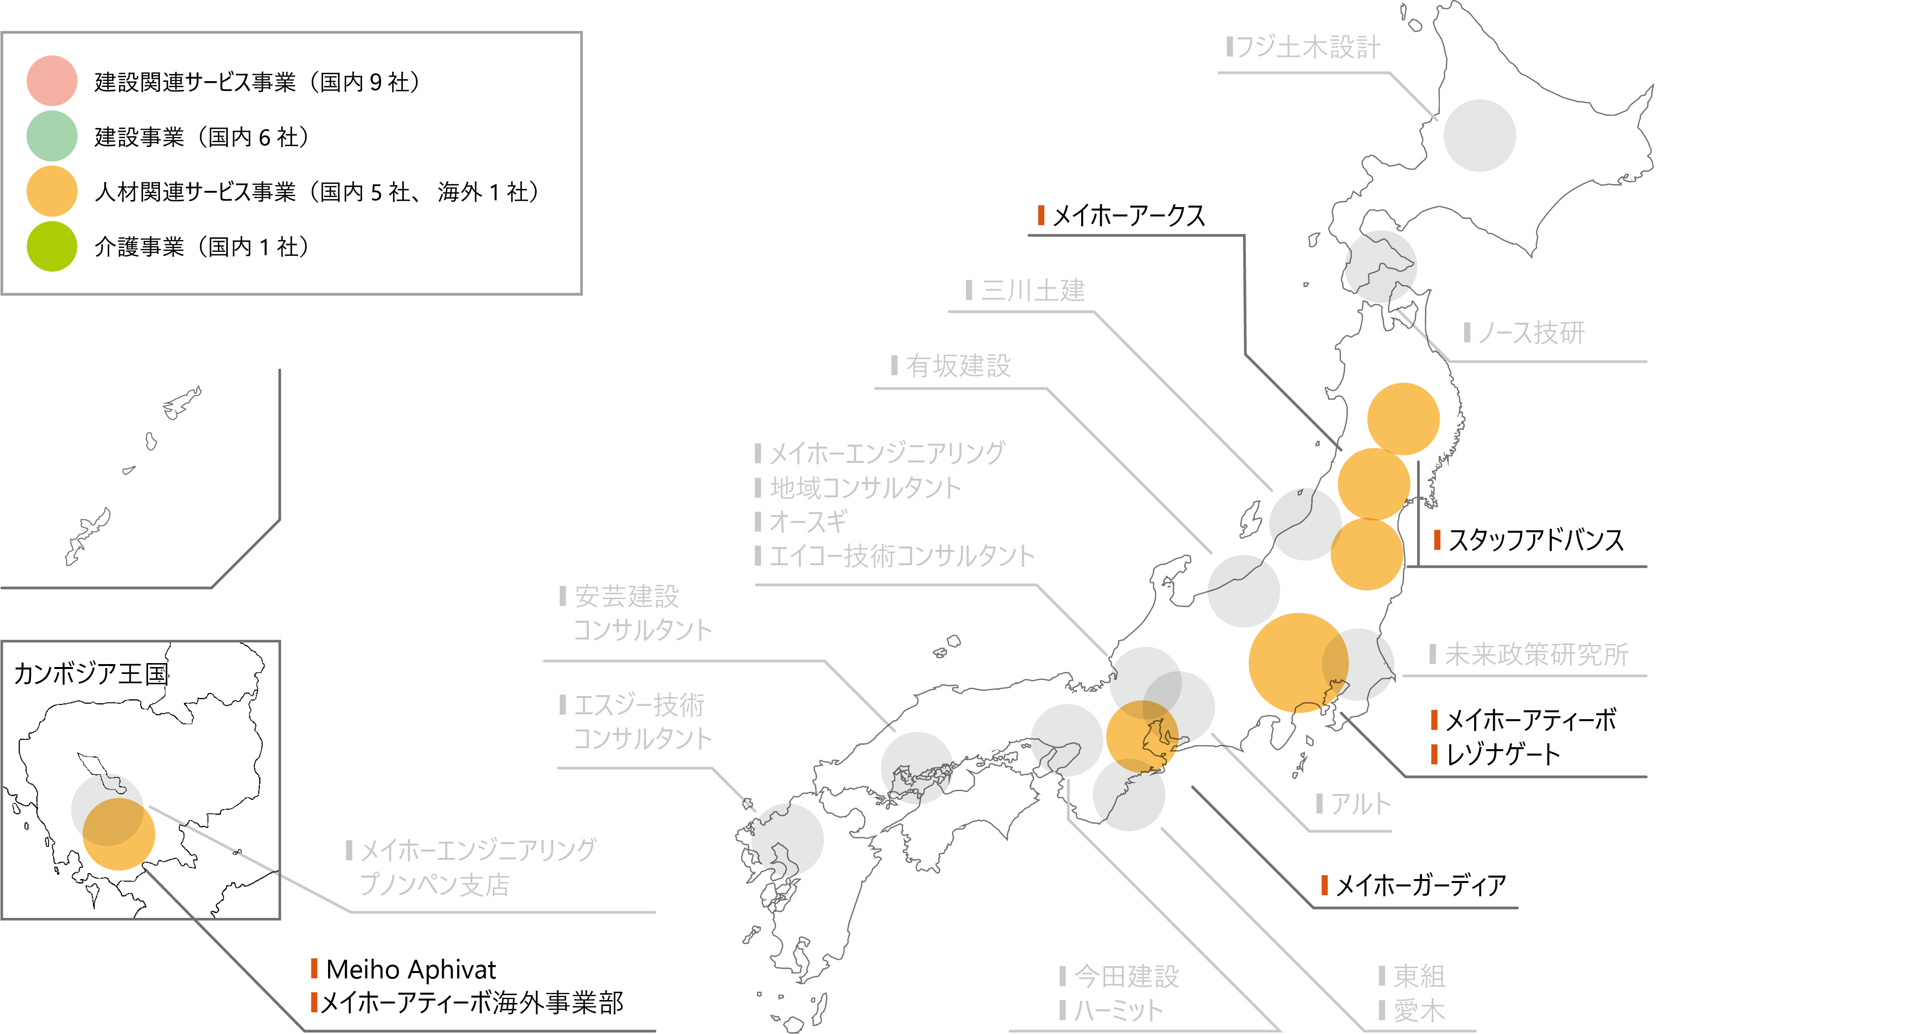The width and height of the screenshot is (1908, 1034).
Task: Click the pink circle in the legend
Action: (x=52, y=81)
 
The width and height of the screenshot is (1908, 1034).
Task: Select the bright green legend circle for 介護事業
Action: (x=52, y=246)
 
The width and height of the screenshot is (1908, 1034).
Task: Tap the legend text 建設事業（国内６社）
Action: (x=202, y=137)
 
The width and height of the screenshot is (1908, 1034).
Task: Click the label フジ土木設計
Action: (x=1307, y=47)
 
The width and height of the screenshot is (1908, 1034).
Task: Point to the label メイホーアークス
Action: (x=1128, y=215)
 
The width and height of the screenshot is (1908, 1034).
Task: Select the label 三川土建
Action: (x=1032, y=290)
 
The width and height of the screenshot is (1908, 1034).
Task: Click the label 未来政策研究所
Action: (x=1536, y=655)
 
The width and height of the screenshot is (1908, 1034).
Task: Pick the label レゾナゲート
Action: (x=1503, y=755)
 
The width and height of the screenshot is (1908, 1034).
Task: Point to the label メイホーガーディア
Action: (x=1420, y=885)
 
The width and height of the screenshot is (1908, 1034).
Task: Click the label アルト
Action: (x=1360, y=804)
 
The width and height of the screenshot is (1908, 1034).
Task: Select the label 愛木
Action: (x=1419, y=1010)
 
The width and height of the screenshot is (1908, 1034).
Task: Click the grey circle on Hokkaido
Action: (x=1479, y=136)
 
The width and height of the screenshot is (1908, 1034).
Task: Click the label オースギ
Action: (x=807, y=522)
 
